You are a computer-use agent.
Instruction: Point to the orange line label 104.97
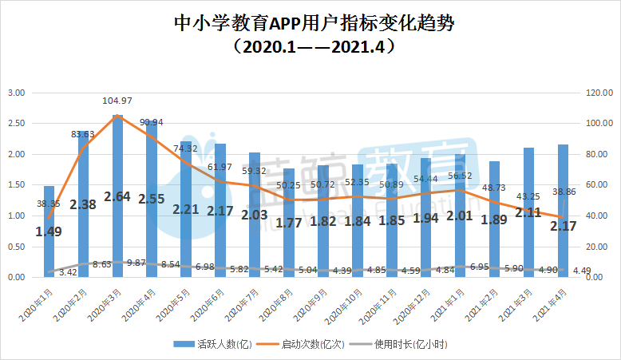(117, 101)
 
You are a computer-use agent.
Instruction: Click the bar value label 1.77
(289, 223)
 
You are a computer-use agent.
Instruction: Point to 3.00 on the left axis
(17, 93)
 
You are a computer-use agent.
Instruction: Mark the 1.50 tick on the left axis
(17, 185)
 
